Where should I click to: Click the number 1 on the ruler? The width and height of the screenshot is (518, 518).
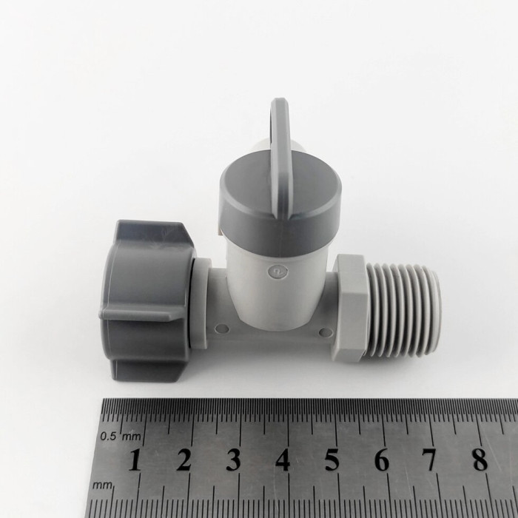point(135,460)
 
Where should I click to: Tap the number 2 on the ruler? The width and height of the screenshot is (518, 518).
point(184,460)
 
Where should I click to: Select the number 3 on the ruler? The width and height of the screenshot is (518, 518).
point(233,460)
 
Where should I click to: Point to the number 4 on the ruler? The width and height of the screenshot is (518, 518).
point(283,460)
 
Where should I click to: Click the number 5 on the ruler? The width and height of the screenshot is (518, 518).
point(332,460)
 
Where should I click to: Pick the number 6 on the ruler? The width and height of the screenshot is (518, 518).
point(382,460)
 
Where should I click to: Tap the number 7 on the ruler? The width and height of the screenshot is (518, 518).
point(431,460)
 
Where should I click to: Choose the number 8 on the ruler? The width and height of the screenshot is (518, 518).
point(480,460)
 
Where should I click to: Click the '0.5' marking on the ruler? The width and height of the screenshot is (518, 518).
point(109,437)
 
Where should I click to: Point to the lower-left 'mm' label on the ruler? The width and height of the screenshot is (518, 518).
point(103,485)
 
